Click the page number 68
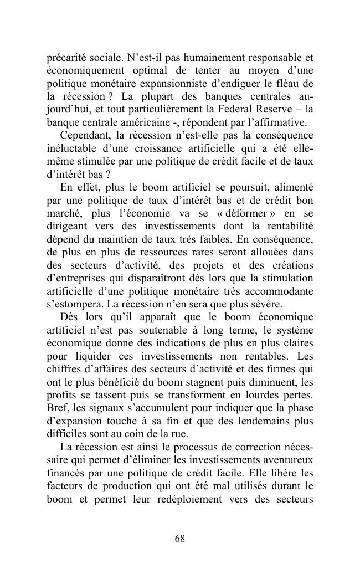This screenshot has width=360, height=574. click(x=179, y=539)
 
